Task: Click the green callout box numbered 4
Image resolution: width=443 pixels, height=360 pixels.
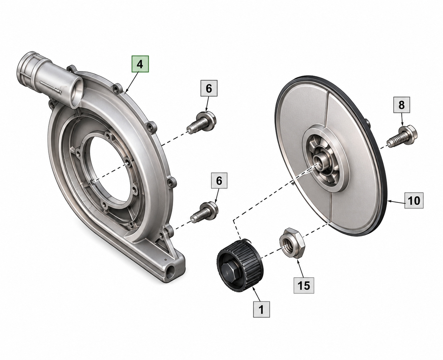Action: pos(140,64)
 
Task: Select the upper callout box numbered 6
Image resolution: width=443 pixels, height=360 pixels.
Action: pos(209,88)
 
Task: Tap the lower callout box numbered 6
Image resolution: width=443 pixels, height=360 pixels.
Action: pos(219,180)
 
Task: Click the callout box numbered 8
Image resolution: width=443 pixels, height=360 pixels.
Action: pos(401,105)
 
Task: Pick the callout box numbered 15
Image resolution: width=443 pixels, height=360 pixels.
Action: pos(304,285)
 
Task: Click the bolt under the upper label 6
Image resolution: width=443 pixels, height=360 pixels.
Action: pos(202,122)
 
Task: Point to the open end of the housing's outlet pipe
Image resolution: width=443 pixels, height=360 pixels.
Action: pos(77,93)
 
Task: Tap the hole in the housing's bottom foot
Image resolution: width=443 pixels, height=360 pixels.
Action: pos(171,274)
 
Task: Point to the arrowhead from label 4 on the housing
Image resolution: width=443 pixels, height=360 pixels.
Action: pos(126,91)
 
